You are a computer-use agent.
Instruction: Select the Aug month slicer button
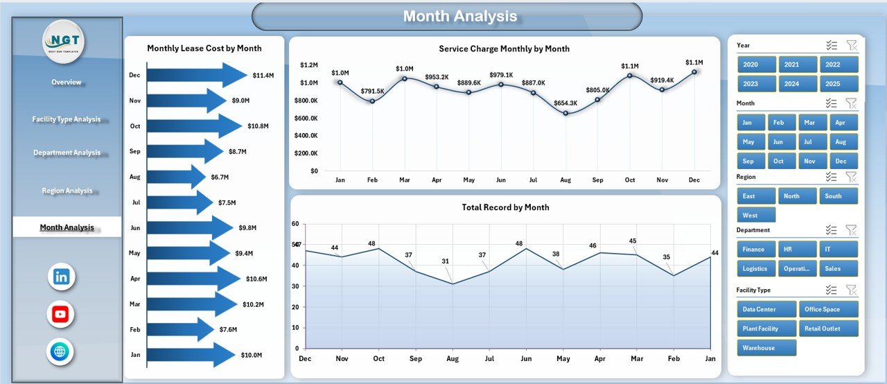[x=841, y=142]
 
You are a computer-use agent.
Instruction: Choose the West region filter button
[x=756, y=216]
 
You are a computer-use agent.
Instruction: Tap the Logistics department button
[x=756, y=268]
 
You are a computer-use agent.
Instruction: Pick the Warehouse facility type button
[x=766, y=348]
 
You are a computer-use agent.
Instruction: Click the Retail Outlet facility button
[x=828, y=329]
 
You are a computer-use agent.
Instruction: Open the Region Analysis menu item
[x=67, y=191]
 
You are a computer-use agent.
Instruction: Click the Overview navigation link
[x=67, y=82]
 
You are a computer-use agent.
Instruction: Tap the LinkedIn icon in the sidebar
[x=61, y=277]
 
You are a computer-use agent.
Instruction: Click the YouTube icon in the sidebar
[x=61, y=314]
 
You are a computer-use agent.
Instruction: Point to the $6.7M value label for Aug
[x=220, y=177]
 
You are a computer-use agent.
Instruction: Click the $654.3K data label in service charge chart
[x=566, y=103]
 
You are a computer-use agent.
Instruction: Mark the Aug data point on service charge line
[x=565, y=113]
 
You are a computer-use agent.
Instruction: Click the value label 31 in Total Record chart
[x=446, y=261]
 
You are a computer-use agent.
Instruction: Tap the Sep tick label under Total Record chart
[x=415, y=359]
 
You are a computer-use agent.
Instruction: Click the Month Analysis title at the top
[x=460, y=17]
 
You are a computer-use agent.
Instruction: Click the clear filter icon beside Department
[x=852, y=230]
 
